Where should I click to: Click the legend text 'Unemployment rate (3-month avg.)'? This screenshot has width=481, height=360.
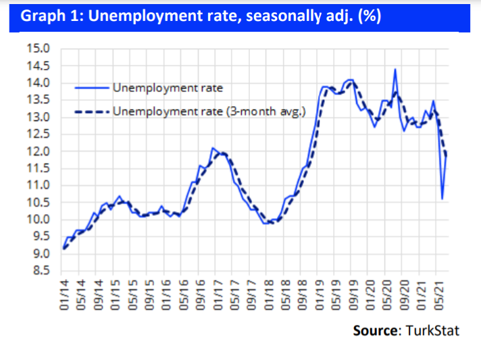pos(209,111)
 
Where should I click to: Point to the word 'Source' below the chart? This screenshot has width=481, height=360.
pos(375,331)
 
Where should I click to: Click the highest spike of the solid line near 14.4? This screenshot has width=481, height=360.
pos(395,70)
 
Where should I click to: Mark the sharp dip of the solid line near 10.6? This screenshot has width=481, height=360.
pos(442,199)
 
